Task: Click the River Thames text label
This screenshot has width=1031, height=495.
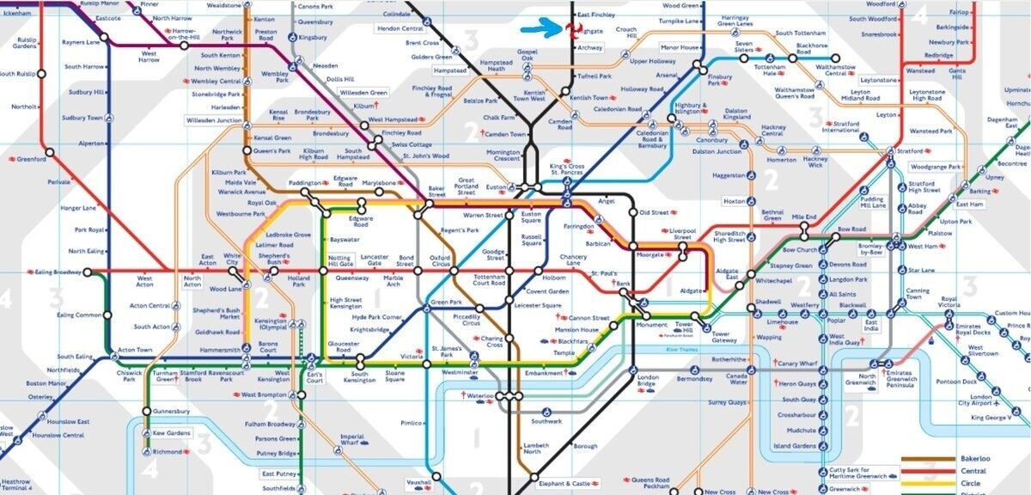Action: click(x=680, y=351)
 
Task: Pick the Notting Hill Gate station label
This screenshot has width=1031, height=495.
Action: click(x=340, y=261)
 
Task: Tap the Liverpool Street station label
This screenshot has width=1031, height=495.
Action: click(x=681, y=235)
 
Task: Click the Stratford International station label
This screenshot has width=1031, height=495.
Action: click(x=840, y=126)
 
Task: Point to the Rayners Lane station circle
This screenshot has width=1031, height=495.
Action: click(x=104, y=37)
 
